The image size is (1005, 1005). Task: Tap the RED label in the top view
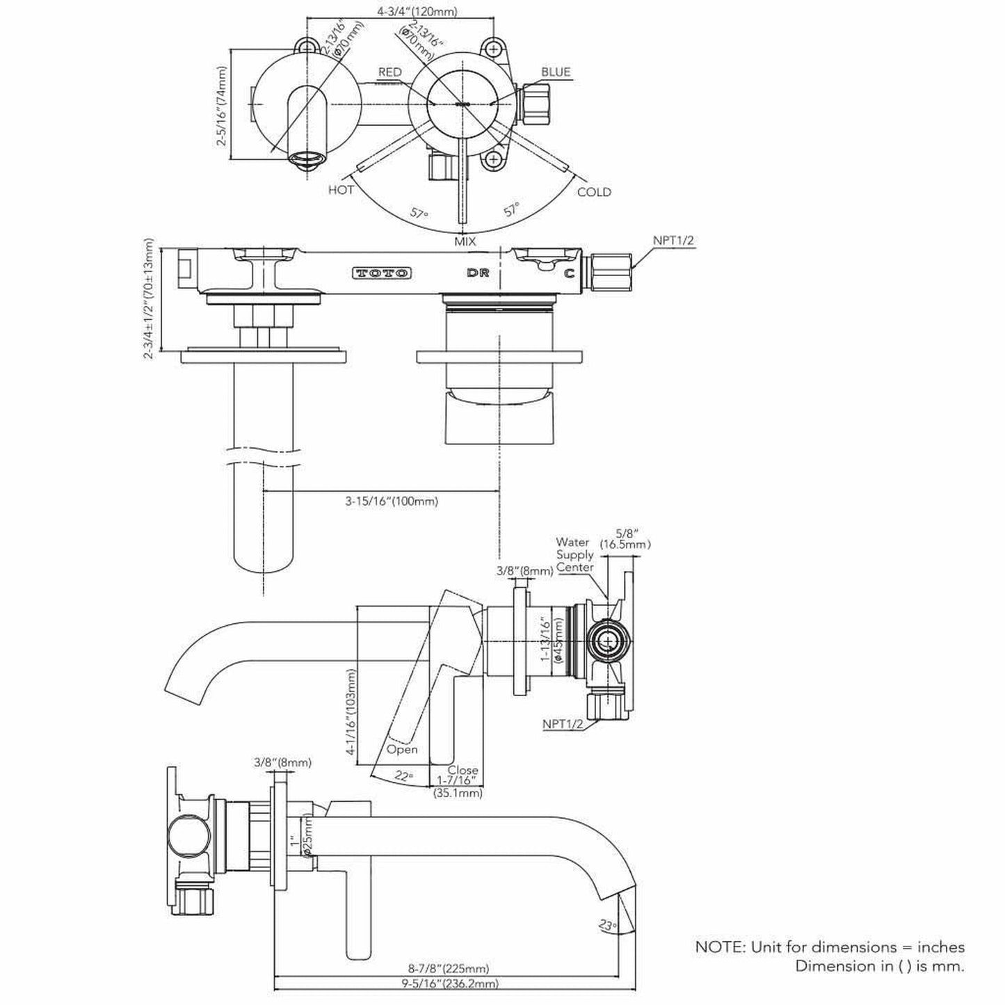tap(389, 72)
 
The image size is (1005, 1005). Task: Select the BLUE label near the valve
tap(556, 72)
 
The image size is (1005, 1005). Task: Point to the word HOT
tap(341, 189)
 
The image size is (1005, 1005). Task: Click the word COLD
tap(594, 192)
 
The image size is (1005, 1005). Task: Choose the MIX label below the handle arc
tap(465, 241)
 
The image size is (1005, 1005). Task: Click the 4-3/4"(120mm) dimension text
tap(426, 12)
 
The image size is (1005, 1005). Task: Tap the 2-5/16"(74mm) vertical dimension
tap(222, 106)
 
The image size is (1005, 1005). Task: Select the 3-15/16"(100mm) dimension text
tap(392, 501)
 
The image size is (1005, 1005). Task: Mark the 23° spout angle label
tap(607, 926)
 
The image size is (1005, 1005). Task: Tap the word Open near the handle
tap(402, 749)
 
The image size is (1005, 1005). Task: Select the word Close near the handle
tap(463, 770)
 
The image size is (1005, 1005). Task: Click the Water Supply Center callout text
tap(574, 554)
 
